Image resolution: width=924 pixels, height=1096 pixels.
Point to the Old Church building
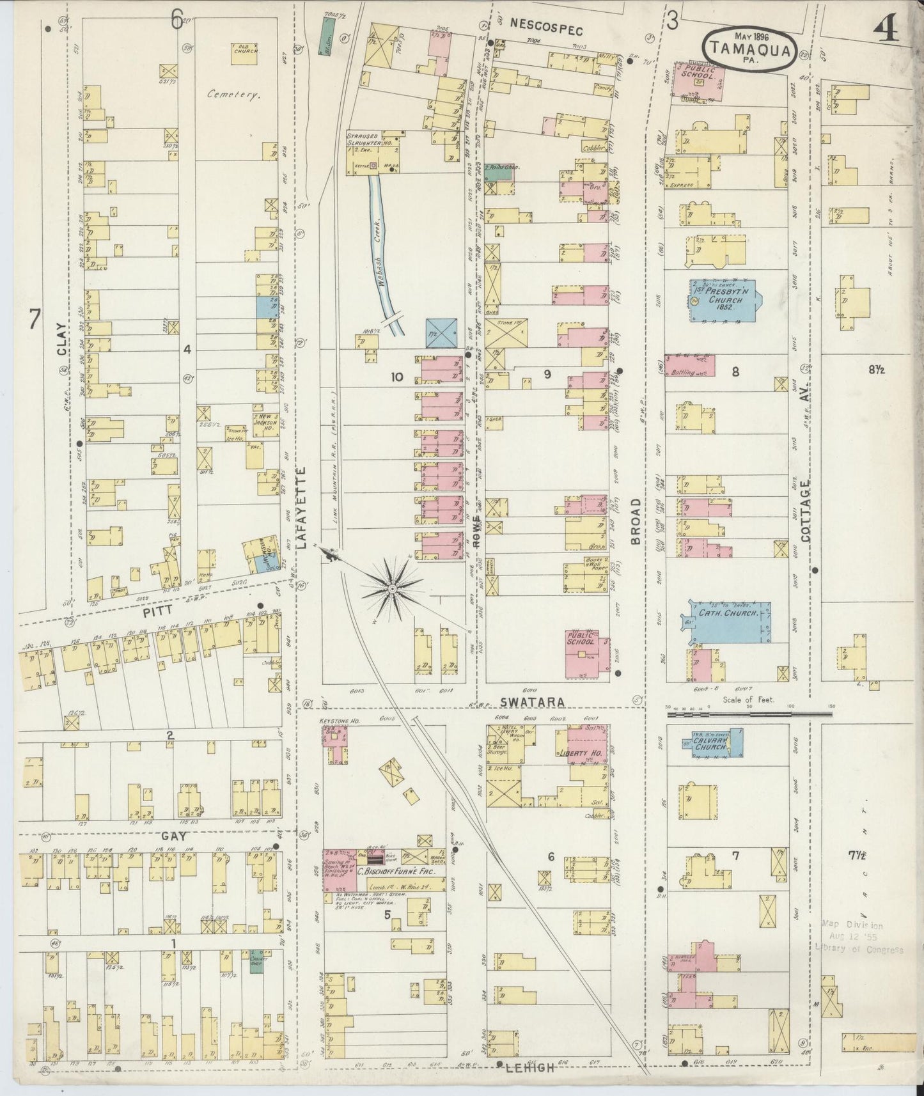[245, 53]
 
